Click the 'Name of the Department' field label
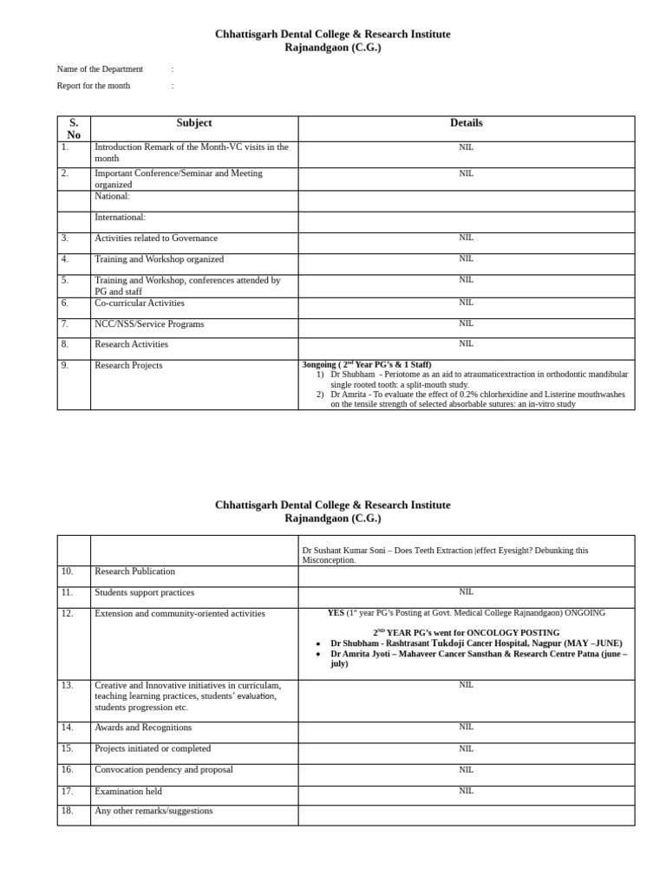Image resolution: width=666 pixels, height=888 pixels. point(100,69)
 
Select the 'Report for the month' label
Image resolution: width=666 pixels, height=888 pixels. point(94,86)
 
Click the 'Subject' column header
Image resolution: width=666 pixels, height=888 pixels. point(194,123)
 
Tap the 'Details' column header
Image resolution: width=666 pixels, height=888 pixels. point(466,123)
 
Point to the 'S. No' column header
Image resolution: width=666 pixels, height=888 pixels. point(74,128)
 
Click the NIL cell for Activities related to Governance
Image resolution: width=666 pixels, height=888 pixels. point(466,237)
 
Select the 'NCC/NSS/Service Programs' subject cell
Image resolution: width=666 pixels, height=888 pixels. point(149,324)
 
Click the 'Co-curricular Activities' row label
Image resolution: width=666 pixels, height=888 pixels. point(139,304)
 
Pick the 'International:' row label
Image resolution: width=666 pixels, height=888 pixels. point(120,217)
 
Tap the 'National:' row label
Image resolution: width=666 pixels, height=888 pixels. point(112,196)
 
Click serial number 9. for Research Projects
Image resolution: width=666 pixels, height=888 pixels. point(65,365)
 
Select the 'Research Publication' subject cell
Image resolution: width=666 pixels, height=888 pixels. point(134,571)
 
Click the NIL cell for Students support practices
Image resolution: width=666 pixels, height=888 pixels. point(466,591)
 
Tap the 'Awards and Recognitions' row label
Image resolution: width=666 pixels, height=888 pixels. point(143,728)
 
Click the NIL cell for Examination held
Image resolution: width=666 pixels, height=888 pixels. point(466,790)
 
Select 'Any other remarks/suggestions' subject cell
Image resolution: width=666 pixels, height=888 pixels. point(153,811)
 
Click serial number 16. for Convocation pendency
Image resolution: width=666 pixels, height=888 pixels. point(67,769)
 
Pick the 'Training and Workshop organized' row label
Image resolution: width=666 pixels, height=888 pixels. point(159,259)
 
